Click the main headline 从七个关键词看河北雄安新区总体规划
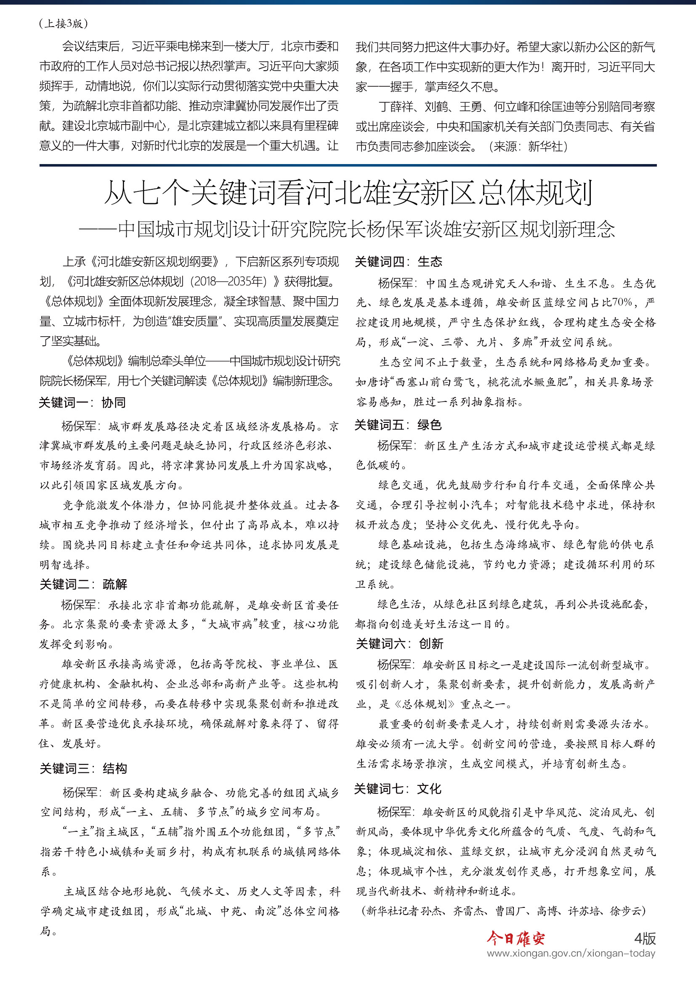(x=348, y=193)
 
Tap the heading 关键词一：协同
(x=82, y=403)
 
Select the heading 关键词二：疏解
(x=83, y=584)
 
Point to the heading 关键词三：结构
(x=83, y=769)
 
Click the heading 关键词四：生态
(x=398, y=261)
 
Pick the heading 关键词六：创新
(x=399, y=643)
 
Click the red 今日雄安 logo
(x=515, y=939)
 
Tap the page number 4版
(x=645, y=939)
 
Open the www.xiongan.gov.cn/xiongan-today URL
(x=571, y=953)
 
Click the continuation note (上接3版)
(x=64, y=24)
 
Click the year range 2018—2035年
(x=228, y=281)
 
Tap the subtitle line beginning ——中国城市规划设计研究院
(x=347, y=229)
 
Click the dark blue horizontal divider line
(x=348, y=165)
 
